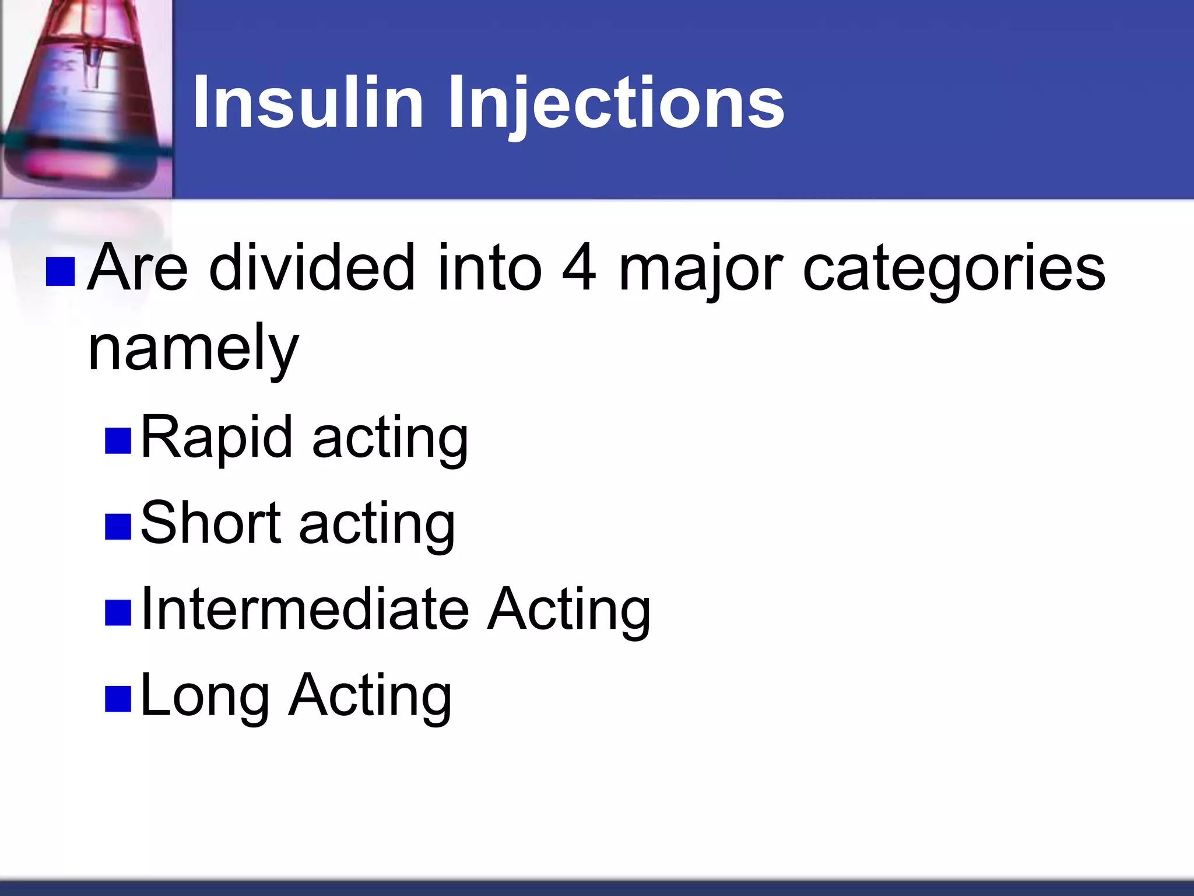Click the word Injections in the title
[616, 104]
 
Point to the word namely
[193, 349]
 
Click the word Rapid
[216, 437]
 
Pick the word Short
[210, 523]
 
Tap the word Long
[205, 695]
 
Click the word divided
[312, 268]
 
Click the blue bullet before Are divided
[60, 272]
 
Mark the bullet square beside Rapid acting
[118, 442]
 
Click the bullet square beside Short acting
[118, 527]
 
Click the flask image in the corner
[86, 98]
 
